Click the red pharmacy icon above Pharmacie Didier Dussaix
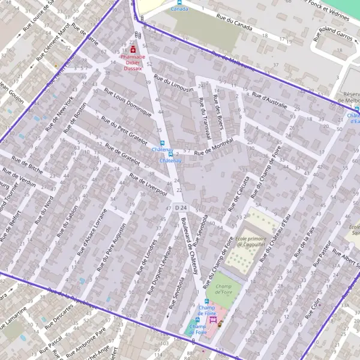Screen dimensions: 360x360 [x=133, y=50]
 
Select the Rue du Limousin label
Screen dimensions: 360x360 [x=174, y=83]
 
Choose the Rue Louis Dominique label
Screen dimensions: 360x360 [x=127, y=102]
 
